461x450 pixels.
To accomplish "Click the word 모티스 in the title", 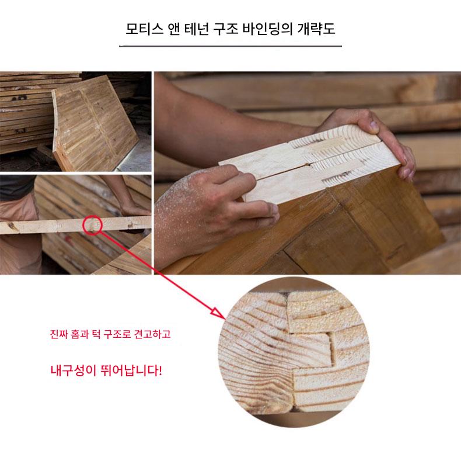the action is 144,29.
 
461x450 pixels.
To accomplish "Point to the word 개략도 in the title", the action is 316,29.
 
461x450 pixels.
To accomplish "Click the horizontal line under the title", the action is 230,46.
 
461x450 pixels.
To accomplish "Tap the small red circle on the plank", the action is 92,225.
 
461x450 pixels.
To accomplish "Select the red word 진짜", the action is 59,334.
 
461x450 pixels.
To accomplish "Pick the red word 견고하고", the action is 152,334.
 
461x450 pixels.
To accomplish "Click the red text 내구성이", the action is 73,370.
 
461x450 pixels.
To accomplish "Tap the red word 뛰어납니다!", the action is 131,370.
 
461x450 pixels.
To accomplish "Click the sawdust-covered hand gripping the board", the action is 206,200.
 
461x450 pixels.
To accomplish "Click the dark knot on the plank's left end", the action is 13,226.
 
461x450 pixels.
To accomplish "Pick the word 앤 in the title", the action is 174,29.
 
